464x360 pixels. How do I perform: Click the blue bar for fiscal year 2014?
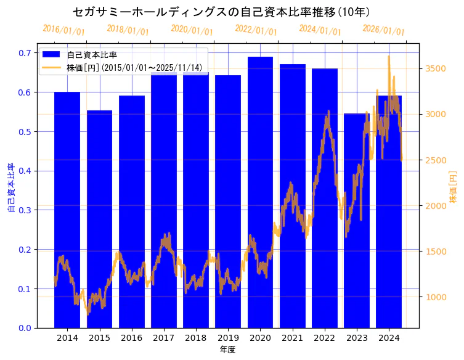(x=67, y=210)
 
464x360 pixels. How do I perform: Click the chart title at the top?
(x=221, y=12)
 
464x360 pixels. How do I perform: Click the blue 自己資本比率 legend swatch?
(x=52, y=54)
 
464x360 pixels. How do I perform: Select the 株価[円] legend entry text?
(x=134, y=67)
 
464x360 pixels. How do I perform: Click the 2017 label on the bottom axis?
(x=164, y=338)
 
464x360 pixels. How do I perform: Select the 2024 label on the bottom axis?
(x=389, y=338)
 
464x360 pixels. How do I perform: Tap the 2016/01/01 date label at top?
(x=63, y=30)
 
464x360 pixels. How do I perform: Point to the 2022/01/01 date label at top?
(x=256, y=30)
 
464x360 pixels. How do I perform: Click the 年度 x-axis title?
(x=227, y=350)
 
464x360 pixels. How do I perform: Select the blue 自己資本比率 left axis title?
(x=10, y=188)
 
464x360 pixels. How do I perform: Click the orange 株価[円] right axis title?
(x=453, y=188)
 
